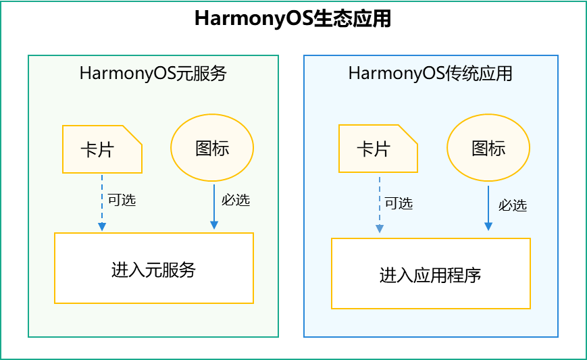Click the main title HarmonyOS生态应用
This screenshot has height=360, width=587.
click(292, 18)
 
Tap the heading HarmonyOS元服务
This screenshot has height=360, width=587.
click(153, 73)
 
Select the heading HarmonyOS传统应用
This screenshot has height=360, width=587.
click(430, 73)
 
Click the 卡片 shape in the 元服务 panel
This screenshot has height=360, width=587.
click(101, 149)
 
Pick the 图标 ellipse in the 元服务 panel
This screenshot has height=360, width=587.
click(212, 148)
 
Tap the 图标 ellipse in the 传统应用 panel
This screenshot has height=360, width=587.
click(488, 148)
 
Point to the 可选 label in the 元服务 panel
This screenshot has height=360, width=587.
click(122, 201)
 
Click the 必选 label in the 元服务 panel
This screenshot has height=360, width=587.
click(235, 201)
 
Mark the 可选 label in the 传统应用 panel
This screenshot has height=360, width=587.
click(399, 203)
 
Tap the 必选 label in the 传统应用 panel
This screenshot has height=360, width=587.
click(513, 205)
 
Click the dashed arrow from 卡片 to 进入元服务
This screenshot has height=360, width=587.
click(102, 203)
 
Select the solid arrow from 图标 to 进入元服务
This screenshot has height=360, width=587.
click(214, 206)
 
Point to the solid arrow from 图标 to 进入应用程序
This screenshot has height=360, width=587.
click(488, 209)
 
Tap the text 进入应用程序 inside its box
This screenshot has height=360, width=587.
click(430, 276)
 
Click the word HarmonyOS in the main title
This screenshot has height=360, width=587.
click(253, 18)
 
